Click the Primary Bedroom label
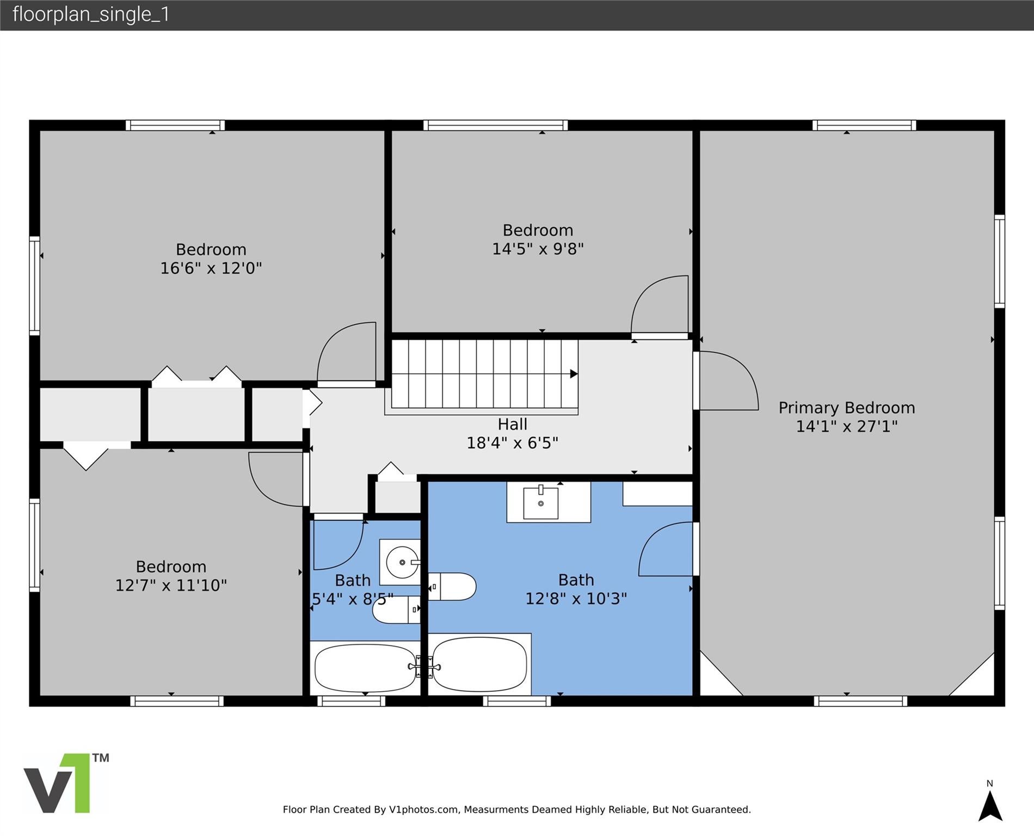[846, 408]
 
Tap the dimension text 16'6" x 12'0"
[211, 268]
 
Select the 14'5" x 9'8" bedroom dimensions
[538, 249]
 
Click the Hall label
[512, 424]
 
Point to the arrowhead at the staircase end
[574, 374]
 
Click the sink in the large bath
[540, 503]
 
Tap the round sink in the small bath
[402, 562]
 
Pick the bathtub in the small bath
[365, 667]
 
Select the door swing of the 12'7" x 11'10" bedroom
[276, 479]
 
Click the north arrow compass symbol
[990, 806]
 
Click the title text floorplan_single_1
[91, 14]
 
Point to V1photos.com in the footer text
[423, 810]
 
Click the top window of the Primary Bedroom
[864, 125]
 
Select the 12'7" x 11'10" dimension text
[171, 586]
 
